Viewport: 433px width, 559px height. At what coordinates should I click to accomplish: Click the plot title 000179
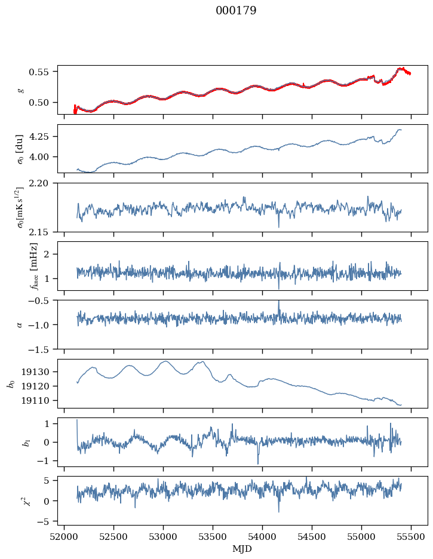point(236,10)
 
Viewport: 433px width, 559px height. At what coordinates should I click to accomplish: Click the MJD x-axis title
point(242,549)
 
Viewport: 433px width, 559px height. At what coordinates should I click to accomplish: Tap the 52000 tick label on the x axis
point(64,537)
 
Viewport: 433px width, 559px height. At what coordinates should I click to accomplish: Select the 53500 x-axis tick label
point(213,537)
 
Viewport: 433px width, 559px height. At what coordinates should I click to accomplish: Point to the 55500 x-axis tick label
point(411,537)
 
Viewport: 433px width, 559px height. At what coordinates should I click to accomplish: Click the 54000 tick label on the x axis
point(262,537)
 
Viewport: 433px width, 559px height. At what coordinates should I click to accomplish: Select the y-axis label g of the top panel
point(21,90)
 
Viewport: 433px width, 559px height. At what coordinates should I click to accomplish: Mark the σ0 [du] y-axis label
point(20,149)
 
